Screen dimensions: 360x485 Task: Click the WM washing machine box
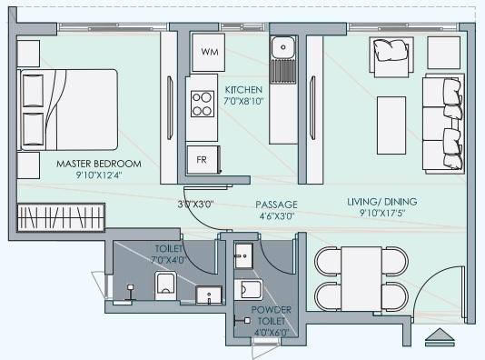coord(209,53)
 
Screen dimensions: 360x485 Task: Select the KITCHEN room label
coord(243,90)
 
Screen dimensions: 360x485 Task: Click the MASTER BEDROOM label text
coord(98,165)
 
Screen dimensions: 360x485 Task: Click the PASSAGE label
coord(277,205)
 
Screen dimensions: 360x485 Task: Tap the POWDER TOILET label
coord(271,315)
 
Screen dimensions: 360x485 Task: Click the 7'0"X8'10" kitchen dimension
coord(243,102)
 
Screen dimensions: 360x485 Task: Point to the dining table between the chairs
coord(361,277)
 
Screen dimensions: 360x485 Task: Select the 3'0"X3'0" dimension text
coord(195,205)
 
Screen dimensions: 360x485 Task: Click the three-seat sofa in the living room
coord(442,123)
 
